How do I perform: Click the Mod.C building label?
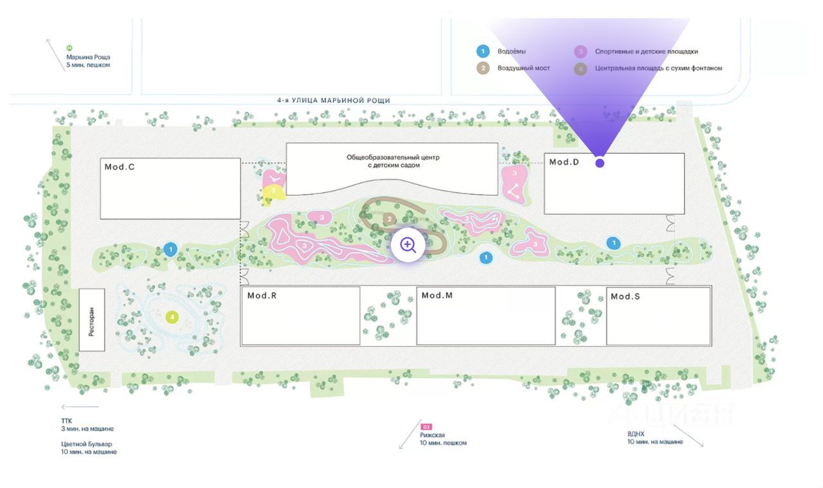coord(119,167)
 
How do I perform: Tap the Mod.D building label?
coord(564,162)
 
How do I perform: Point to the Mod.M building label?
coord(437,295)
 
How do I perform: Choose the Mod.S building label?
coord(625,296)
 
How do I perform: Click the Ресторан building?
coord(92,320)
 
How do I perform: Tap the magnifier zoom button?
coord(408,244)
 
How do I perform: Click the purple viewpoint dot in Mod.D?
coord(600,163)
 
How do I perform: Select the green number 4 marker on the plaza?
coord(172,317)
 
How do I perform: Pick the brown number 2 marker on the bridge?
coord(388,219)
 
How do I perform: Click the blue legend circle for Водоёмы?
coord(483,51)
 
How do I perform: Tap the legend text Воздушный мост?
coord(523,68)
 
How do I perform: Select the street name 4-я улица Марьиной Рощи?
coord(334,100)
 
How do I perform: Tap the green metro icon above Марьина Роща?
coord(69,48)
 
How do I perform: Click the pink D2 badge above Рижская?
coord(426,426)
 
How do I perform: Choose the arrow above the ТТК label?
coord(80,406)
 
